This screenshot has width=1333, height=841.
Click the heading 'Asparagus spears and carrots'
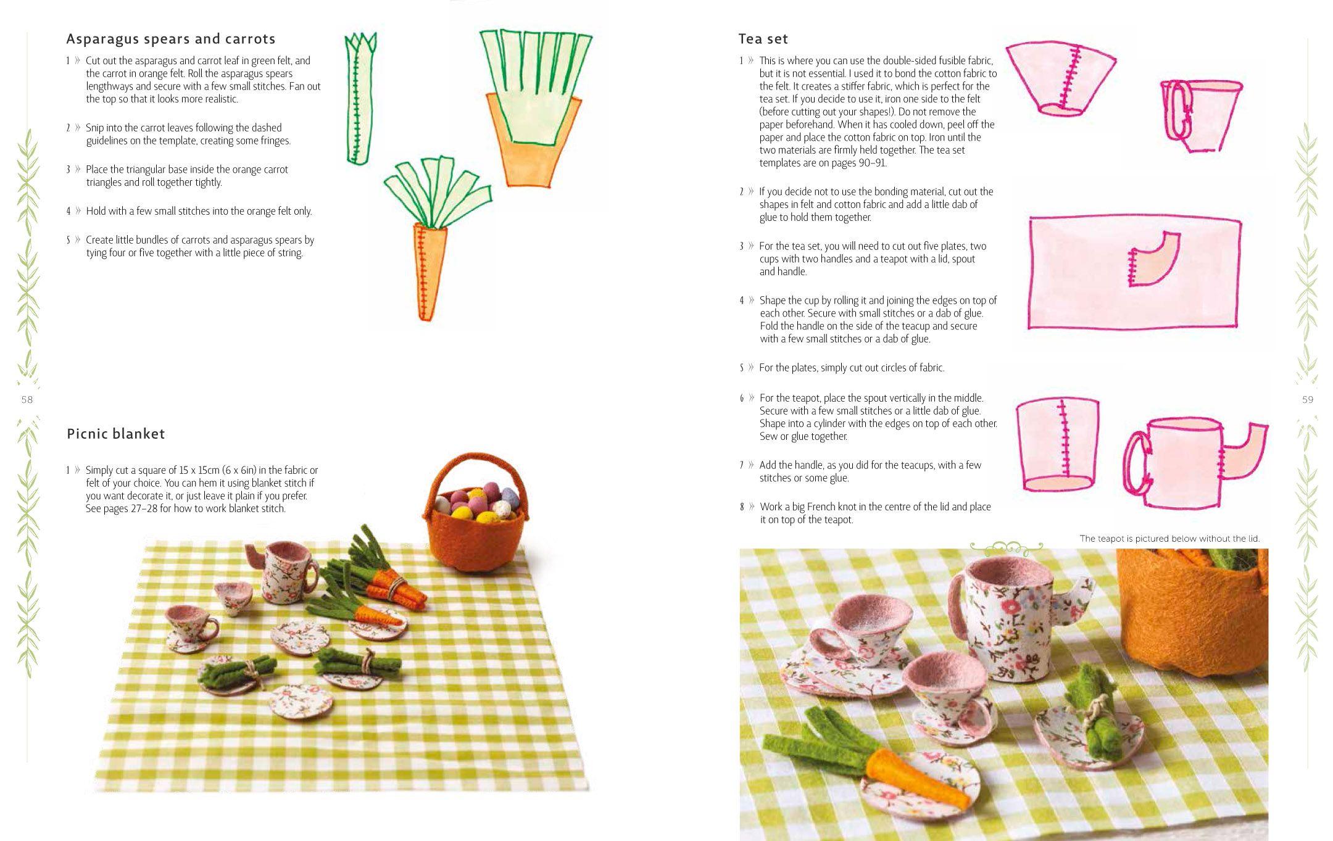tap(170, 39)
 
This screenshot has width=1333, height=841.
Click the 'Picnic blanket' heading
tap(115, 434)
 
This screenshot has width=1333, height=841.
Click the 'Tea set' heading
tap(763, 39)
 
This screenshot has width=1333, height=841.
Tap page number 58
tap(27, 400)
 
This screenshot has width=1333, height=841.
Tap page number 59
tap(1307, 400)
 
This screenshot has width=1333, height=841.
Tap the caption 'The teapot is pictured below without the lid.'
tap(1169, 539)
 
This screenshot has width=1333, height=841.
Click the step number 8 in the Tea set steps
tap(742, 507)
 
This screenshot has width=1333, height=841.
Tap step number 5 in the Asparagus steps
tap(69, 240)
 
